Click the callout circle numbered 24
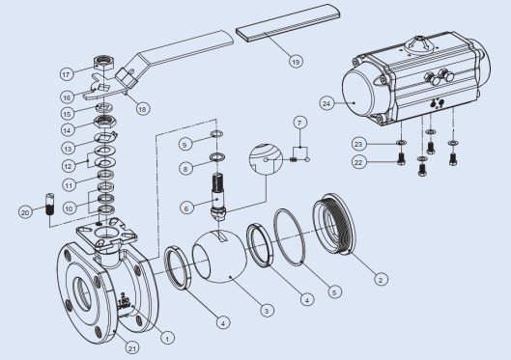326,103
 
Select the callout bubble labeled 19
296,61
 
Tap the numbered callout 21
132,348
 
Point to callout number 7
299,123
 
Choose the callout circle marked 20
25,212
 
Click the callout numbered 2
381,279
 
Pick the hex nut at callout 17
103,62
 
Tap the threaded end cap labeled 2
333,224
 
